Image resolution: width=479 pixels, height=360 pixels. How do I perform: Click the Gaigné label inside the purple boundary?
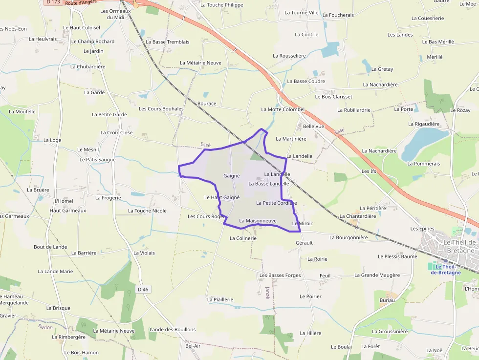232,176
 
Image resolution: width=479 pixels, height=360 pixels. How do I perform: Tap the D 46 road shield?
143,290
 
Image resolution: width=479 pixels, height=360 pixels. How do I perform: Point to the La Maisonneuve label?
258,221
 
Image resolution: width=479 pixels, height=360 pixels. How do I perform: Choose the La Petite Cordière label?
276,203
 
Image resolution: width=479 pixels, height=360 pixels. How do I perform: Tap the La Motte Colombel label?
283,109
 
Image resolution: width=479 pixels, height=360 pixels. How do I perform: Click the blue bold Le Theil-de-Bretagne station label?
445,270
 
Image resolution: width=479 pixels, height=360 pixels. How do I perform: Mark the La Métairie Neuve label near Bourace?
200,63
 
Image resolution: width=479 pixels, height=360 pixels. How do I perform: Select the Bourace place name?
207,104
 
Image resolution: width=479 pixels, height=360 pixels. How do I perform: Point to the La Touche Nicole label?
147,211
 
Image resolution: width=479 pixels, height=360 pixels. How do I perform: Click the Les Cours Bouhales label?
161,109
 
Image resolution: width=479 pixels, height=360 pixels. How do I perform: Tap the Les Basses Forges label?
280,275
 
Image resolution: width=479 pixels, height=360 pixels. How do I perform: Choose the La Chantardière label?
358,216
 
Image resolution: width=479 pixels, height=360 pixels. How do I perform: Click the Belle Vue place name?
314,126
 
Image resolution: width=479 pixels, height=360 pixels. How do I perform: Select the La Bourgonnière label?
348,238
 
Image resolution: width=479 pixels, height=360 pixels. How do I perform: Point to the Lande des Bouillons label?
173,330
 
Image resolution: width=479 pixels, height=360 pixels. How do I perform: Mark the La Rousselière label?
289,56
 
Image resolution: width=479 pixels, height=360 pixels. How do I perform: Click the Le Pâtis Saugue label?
98,160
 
